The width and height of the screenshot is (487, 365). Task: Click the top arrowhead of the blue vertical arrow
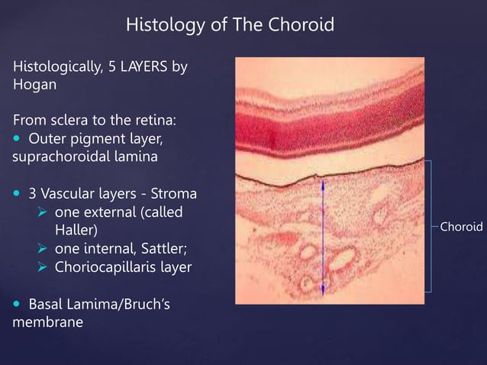click(x=321, y=183)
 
